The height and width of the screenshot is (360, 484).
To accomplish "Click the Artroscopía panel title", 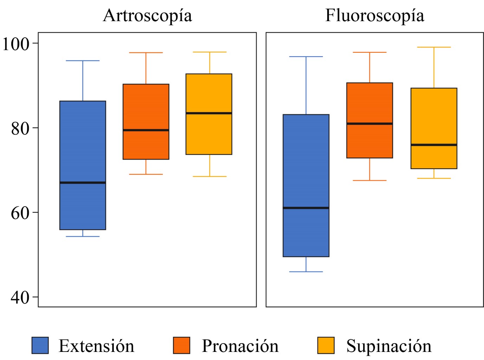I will click(x=148, y=16).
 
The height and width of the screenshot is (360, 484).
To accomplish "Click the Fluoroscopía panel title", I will click(x=374, y=16).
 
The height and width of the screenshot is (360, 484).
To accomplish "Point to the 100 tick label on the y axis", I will click(x=15, y=44).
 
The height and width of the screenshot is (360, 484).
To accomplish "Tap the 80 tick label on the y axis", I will click(x=20, y=128).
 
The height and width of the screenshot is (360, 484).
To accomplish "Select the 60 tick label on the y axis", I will click(x=20, y=213).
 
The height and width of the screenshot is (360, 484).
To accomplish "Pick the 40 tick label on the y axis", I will click(x=20, y=297).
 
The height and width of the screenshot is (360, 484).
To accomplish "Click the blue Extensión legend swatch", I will click(x=40, y=345).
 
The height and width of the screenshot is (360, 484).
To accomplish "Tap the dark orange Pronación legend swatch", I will click(x=181, y=345).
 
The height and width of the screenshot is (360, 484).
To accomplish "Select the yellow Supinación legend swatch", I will click(x=326, y=345).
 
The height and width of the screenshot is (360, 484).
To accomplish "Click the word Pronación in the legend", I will click(x=240, y=346).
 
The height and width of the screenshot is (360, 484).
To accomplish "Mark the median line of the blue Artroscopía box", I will click(x=83, y=182).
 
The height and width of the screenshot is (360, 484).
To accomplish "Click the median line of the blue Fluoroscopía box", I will click(x=306, y=208).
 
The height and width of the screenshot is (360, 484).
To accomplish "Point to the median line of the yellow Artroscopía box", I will click(x=209, y=113).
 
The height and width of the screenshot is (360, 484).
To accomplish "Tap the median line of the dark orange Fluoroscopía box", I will click(x=369, y=123).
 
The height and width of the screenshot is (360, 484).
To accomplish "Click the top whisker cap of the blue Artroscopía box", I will click(x=83, y=61).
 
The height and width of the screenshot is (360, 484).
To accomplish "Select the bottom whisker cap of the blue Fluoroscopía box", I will click(x=306, y=272).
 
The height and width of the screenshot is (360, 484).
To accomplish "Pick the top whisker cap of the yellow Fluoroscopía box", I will click(x=434, y=47).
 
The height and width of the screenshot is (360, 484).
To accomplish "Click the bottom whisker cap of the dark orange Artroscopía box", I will click(x=146, y=174).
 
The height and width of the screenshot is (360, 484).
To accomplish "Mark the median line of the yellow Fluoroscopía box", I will click(x=434, y=145).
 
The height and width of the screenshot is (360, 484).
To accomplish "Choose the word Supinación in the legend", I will click(x=389, y=346).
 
